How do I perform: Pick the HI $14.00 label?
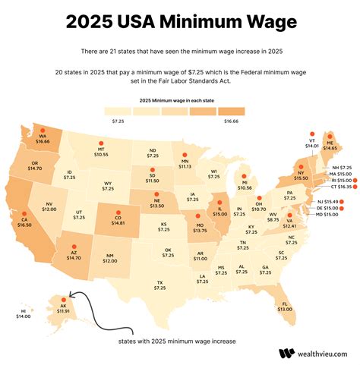click(24, 313)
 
